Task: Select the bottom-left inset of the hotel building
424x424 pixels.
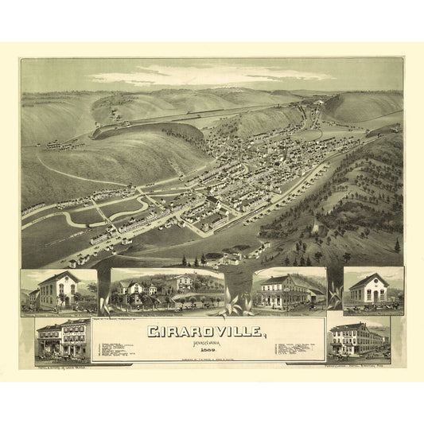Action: (63, 340)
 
